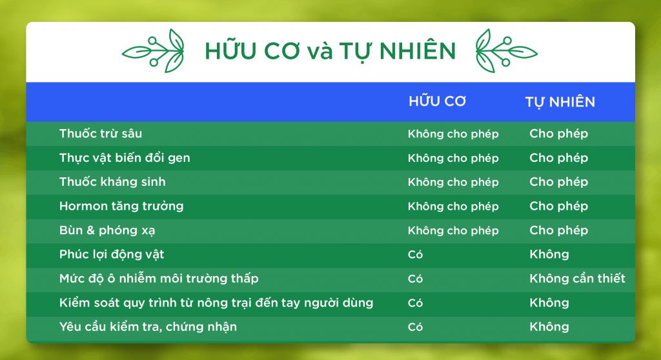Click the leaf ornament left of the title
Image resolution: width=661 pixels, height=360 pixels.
154,51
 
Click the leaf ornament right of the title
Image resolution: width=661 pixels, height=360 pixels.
506,51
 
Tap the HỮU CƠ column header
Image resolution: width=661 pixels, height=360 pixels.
437,101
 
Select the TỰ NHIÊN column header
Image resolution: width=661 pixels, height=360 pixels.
560,102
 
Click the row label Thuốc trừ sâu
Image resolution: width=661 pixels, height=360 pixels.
101,134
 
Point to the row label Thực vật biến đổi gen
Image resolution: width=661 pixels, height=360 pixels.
125,157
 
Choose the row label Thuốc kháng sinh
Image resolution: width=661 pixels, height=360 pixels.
112,182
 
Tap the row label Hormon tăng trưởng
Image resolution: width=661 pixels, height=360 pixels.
121,206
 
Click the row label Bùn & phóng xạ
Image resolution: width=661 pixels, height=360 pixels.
107,230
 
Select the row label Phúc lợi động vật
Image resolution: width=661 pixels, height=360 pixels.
112,254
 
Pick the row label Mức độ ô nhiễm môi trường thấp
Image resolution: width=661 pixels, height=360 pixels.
159,278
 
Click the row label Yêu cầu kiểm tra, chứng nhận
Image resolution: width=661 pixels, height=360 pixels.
148,326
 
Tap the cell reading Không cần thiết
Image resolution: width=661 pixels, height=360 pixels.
578,278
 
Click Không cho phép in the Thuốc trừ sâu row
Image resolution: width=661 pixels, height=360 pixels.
453,134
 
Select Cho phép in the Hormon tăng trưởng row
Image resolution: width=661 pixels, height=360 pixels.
558,206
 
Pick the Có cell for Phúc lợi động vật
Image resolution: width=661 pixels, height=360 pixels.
415,254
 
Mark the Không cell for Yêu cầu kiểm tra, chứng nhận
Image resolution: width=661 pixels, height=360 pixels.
549,326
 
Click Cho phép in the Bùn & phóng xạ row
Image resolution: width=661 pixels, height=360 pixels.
558,230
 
